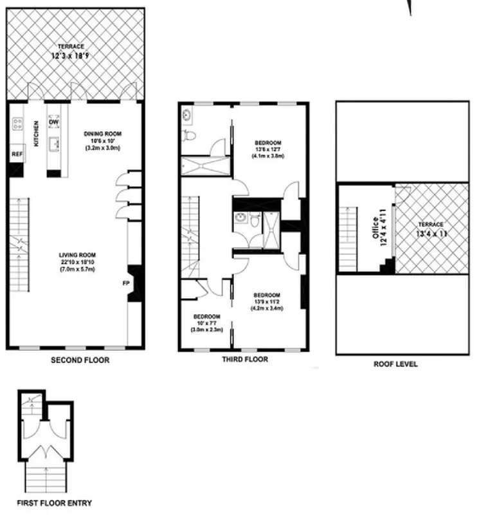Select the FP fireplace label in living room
tap(127, 283)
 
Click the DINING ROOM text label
tap(102, 134)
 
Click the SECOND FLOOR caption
tap(80, 360)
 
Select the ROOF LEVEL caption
tap(395, 364)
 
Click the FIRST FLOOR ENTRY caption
tap(55, 503)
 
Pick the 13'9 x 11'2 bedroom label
tap(267, 301)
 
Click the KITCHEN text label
tap(37, 134)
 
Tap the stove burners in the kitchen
tap(15, 124)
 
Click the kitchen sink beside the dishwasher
tap(55, 144)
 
